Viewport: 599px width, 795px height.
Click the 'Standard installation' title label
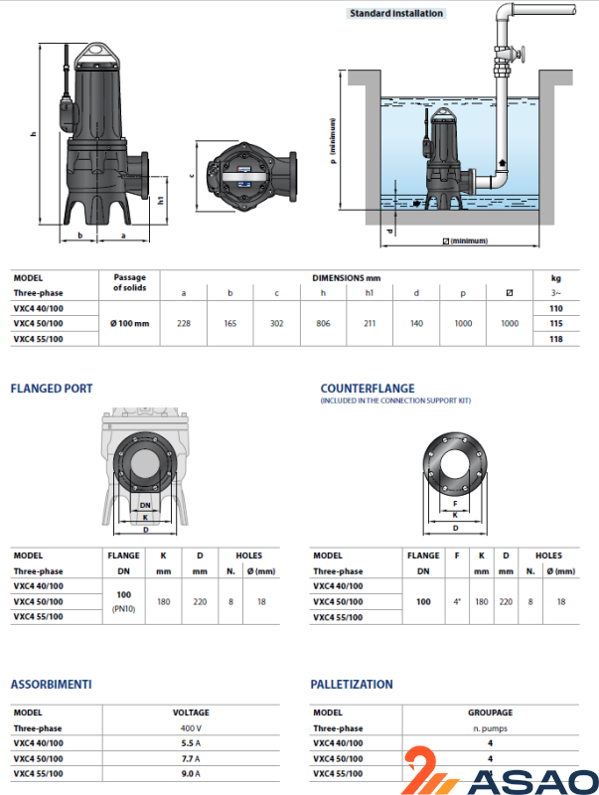(395, 14)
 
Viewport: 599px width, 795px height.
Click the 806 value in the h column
(322, 323)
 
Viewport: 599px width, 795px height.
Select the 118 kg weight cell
(555, 339)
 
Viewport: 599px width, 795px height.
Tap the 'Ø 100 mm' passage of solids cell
(130, 324)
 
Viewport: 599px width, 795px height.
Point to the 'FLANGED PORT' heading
(51, 388)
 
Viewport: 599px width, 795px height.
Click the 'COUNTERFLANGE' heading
(368, 388)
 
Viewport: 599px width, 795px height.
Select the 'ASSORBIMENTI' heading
(51, 685)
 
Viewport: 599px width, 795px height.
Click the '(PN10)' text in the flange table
(125, 608)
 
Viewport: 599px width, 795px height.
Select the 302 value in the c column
(276, 323)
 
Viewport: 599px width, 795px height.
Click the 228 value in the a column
(184, 323)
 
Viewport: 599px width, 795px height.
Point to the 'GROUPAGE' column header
(491, 713)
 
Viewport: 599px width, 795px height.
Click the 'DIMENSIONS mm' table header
(347, 278)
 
